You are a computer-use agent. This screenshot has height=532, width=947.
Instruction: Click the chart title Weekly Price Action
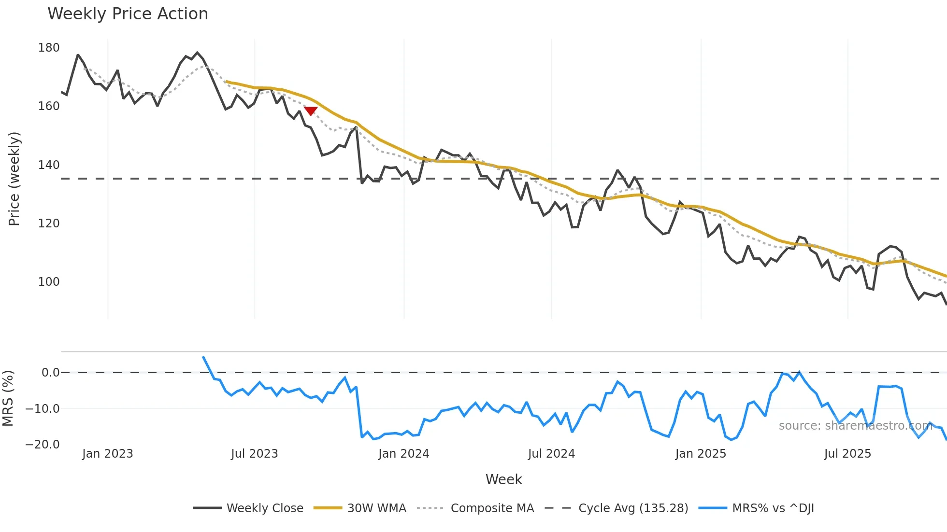[128, 14]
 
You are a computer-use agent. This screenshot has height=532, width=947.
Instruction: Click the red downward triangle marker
[311, 111]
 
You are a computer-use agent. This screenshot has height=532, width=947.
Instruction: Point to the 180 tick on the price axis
[49, 48]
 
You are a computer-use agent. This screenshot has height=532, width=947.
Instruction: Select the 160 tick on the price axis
[49, 106]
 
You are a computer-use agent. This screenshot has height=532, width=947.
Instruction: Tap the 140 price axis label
[49, 165]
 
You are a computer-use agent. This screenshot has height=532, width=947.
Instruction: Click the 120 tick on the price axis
[49, 224]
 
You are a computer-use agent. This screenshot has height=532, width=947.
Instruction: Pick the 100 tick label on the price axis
[49, 282]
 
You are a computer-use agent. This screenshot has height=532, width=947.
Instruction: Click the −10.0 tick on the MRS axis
[43, 409]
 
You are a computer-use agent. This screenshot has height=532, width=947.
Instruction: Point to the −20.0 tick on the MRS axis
[43, 445]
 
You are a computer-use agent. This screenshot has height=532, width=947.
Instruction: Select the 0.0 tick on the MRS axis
[50, 373]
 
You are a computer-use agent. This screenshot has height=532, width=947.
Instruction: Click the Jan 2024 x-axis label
[403, 454]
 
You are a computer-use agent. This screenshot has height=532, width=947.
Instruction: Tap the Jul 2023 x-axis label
[254, 454]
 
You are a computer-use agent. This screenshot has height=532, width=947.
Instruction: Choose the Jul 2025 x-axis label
[847, 454]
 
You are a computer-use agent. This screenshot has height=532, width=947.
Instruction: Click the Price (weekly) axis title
[14, 179]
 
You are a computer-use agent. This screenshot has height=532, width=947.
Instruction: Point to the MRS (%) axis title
[8, 398]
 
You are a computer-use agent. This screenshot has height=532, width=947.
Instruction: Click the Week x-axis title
[503, 479]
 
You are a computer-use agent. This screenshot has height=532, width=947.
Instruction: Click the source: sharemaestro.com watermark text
[855, 426]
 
